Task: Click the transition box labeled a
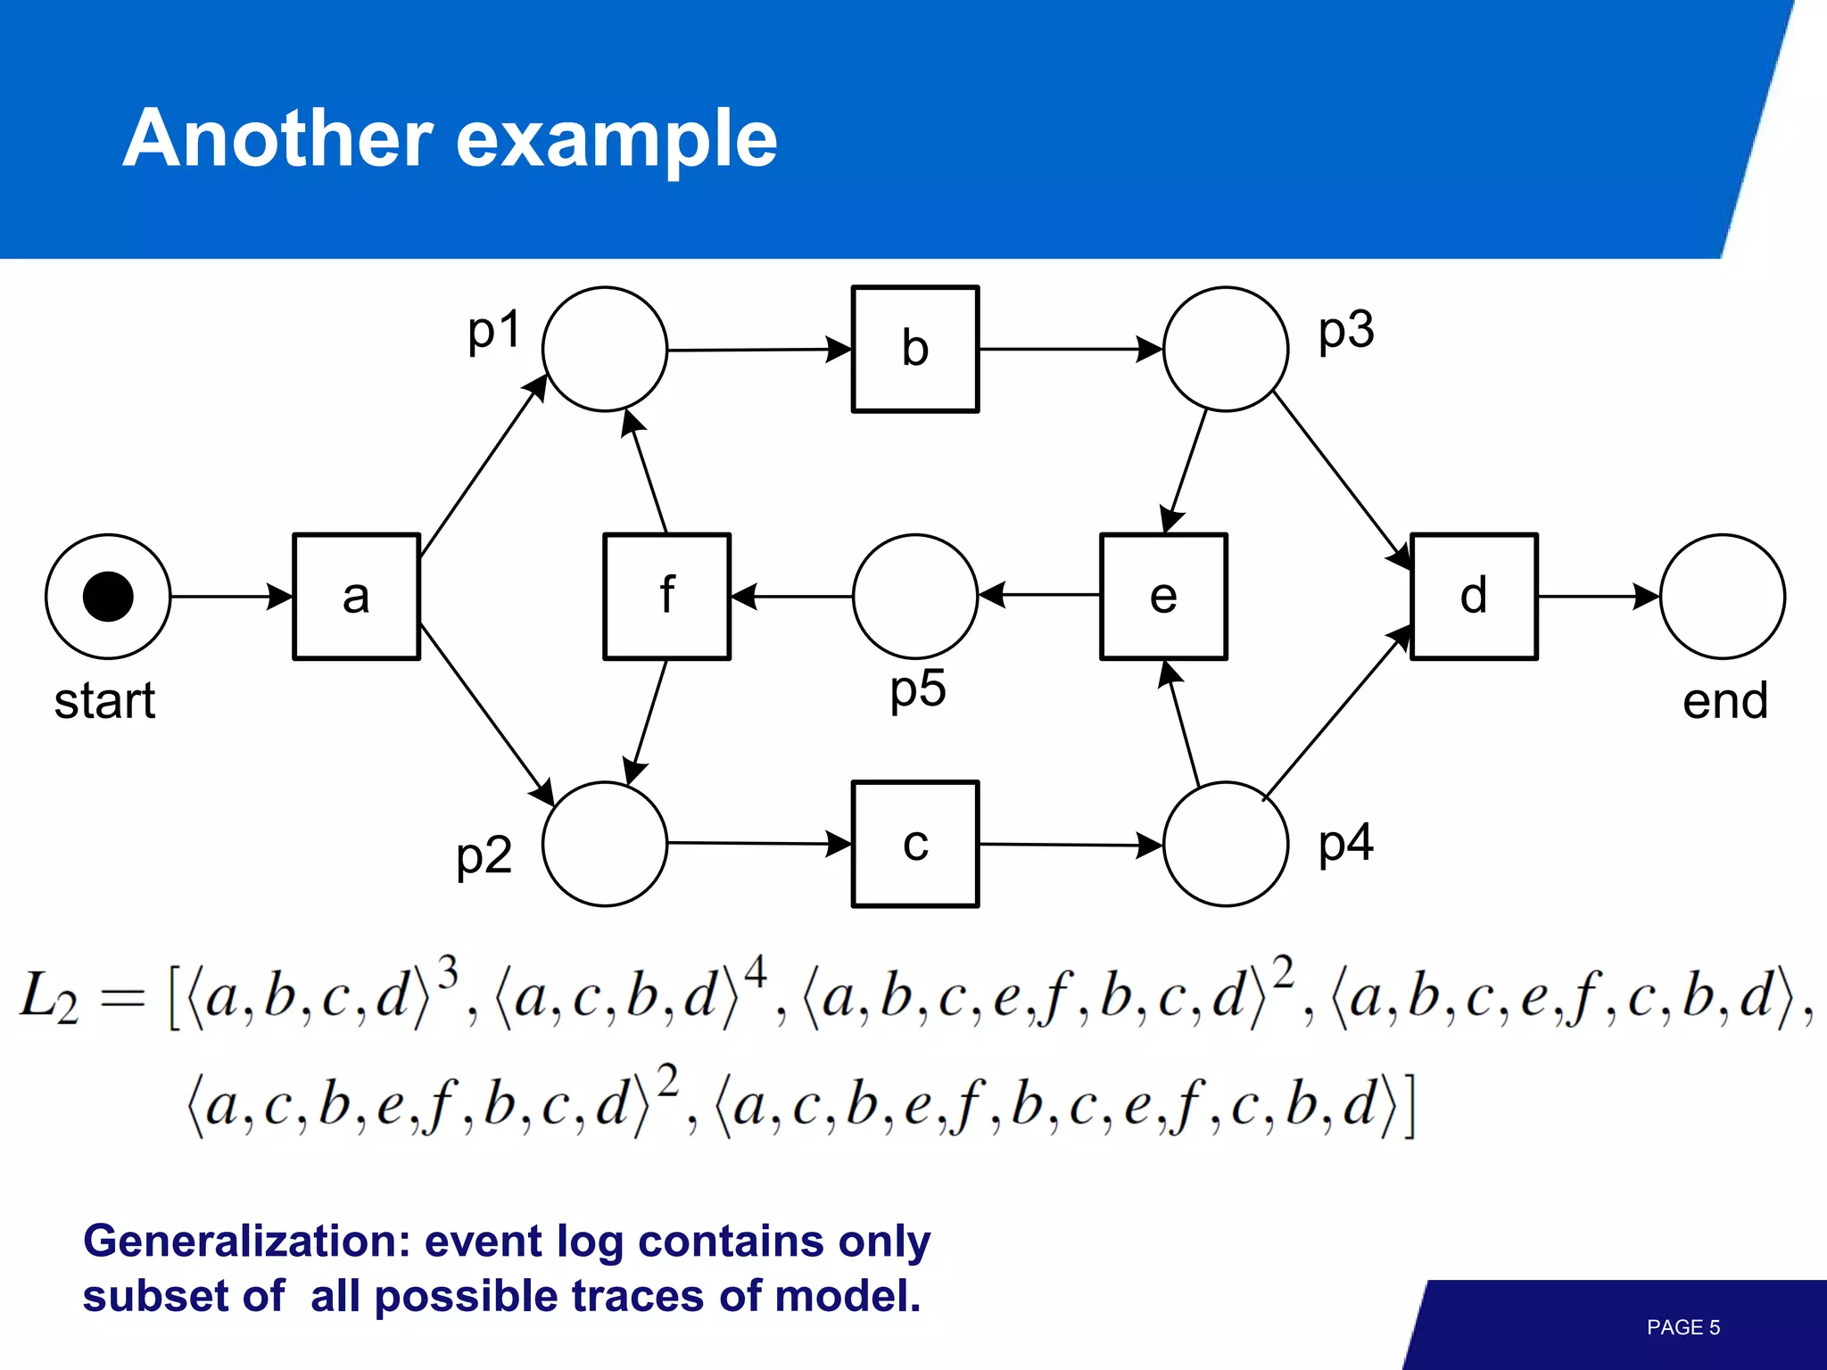coord(356,597)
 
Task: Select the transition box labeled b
coord(915,349)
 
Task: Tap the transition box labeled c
coord(915,844)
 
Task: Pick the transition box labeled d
coord(1474,597)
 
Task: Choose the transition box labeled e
coord(1163,597)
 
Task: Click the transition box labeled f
coord(666,597)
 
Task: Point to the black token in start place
coord(108,597)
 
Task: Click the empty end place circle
coord(1722,597)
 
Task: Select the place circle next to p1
coord(605,349)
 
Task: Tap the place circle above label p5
coord(915,597)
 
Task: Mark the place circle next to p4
coord(1226,844)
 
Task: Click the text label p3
coord(1346,331)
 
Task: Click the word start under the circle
coord(104,701)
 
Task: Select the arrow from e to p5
coord(1039,595)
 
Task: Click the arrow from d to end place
coord(1598,597)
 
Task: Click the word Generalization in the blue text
coord(246,1242)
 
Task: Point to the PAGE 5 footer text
coord(1682,1327)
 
